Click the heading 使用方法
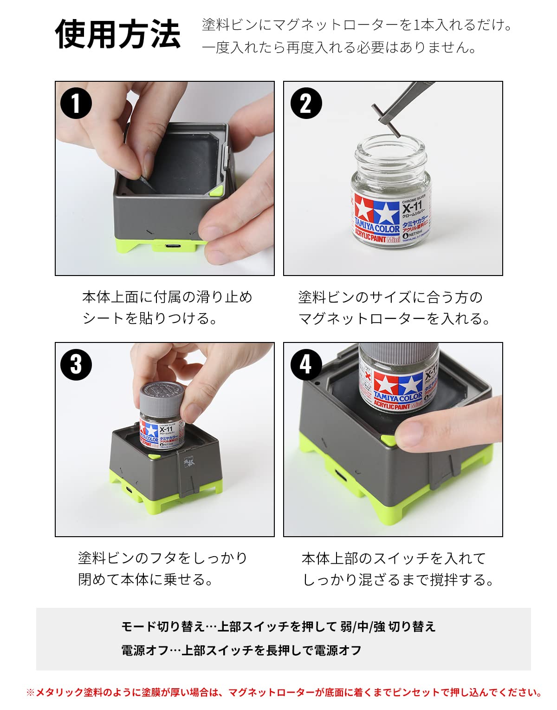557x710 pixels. click(x=118, y=34)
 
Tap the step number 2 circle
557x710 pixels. click(x=306, y=103)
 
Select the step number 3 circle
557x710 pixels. click(x=76, y=365)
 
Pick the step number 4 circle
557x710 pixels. click(x=306, y=365)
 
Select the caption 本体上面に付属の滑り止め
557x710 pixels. click(x=167, y=297)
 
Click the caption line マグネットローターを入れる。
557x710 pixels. click(x=394, y=319)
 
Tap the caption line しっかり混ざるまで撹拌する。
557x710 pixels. click(x=398, y=579)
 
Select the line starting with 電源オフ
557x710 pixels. click(x=241, y=651)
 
